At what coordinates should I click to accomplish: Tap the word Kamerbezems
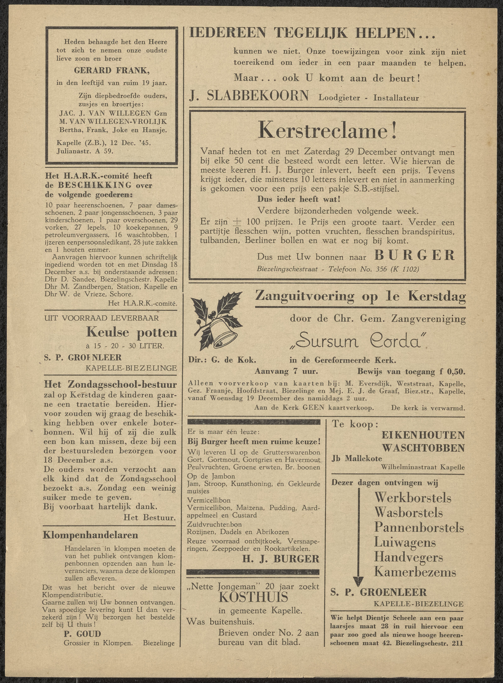click(415, 572)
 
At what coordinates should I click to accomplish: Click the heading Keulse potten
click(132, 332)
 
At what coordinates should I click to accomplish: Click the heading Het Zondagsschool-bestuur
click(110, 384)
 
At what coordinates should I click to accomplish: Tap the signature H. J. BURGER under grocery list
click(281, 559)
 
